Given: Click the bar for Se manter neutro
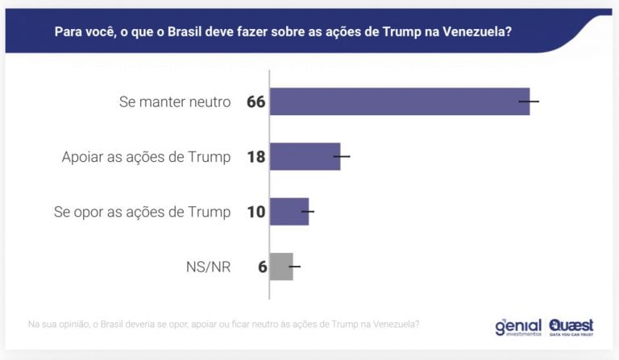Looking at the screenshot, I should [399, 101].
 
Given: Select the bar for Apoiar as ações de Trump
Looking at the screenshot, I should [305, 156].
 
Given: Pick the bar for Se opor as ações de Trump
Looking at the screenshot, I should [289, 211].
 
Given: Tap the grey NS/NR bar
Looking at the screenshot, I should [280, 266].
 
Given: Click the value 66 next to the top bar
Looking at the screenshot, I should [255, 102].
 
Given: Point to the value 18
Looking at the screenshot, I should [255, 157].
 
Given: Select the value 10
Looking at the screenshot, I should [255, 212].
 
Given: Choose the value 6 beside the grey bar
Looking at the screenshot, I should [262, 267].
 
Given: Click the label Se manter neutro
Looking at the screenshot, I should [175, 102].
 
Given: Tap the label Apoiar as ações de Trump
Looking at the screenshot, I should [146, 157].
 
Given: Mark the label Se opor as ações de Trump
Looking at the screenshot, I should [142, 212].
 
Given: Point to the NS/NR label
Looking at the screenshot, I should [210, 267].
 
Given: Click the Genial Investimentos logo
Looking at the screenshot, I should [517, 326].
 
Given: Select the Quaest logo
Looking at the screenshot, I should [571, 326].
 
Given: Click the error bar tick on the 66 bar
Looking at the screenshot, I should [529, 101].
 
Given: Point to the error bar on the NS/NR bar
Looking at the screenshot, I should [293, 266].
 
